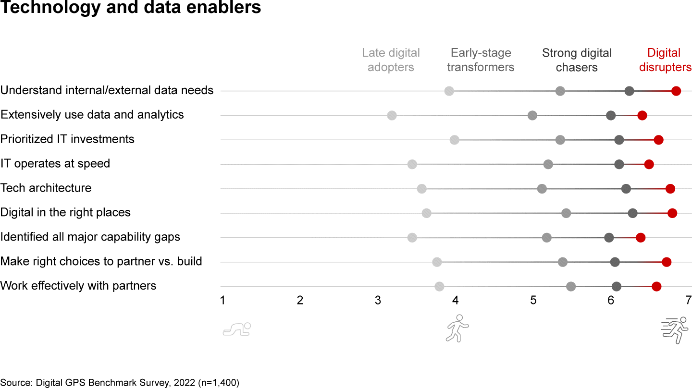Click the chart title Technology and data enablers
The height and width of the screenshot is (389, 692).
[x=131, y=8]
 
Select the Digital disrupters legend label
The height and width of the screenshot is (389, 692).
[x=665, y=60]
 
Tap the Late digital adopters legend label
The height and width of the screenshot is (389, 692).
[x=391, y=60]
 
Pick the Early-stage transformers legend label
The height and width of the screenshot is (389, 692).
[x=481, y=60]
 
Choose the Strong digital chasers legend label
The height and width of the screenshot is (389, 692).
[x=577, y=60]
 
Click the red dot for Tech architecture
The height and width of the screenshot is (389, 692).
[x=670, y=189]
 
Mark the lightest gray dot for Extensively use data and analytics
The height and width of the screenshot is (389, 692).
[x=392, y=115]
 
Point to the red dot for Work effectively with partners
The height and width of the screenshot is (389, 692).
[x=656, y=287]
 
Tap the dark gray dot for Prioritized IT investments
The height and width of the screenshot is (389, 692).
[x=619, y=140]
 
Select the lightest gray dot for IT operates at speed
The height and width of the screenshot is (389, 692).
[x=412, y=164]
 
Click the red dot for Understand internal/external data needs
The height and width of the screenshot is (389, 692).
[x=676, y=91]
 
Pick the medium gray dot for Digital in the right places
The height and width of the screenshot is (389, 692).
[x=566, y=213]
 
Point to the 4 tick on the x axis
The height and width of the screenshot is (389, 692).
[x=456, y=301]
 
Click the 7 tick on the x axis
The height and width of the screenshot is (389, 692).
[x=688, y=301]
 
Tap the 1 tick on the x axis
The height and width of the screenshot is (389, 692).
[x=222, y=301]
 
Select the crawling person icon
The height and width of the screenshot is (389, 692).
[x=237, y=329]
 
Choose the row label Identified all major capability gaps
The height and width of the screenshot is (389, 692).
[x=90, y=237]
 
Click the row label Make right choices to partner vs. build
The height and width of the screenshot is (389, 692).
[x=101, y=261]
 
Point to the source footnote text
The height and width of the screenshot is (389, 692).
[x=120, y=383]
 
